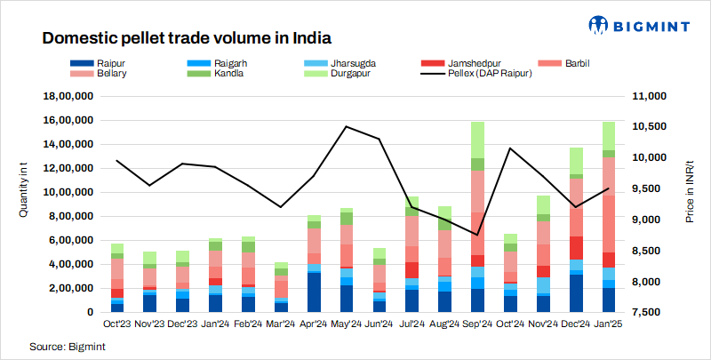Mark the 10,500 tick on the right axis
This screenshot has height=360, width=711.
coord(655,126)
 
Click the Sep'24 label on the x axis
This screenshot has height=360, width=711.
coord(477,325)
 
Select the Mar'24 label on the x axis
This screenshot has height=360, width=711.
coord(280,325)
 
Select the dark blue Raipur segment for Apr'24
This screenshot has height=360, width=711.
coord(314,292)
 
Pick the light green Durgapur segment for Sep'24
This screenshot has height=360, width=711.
coord(477,140)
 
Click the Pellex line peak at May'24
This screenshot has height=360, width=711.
coord(346,126)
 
